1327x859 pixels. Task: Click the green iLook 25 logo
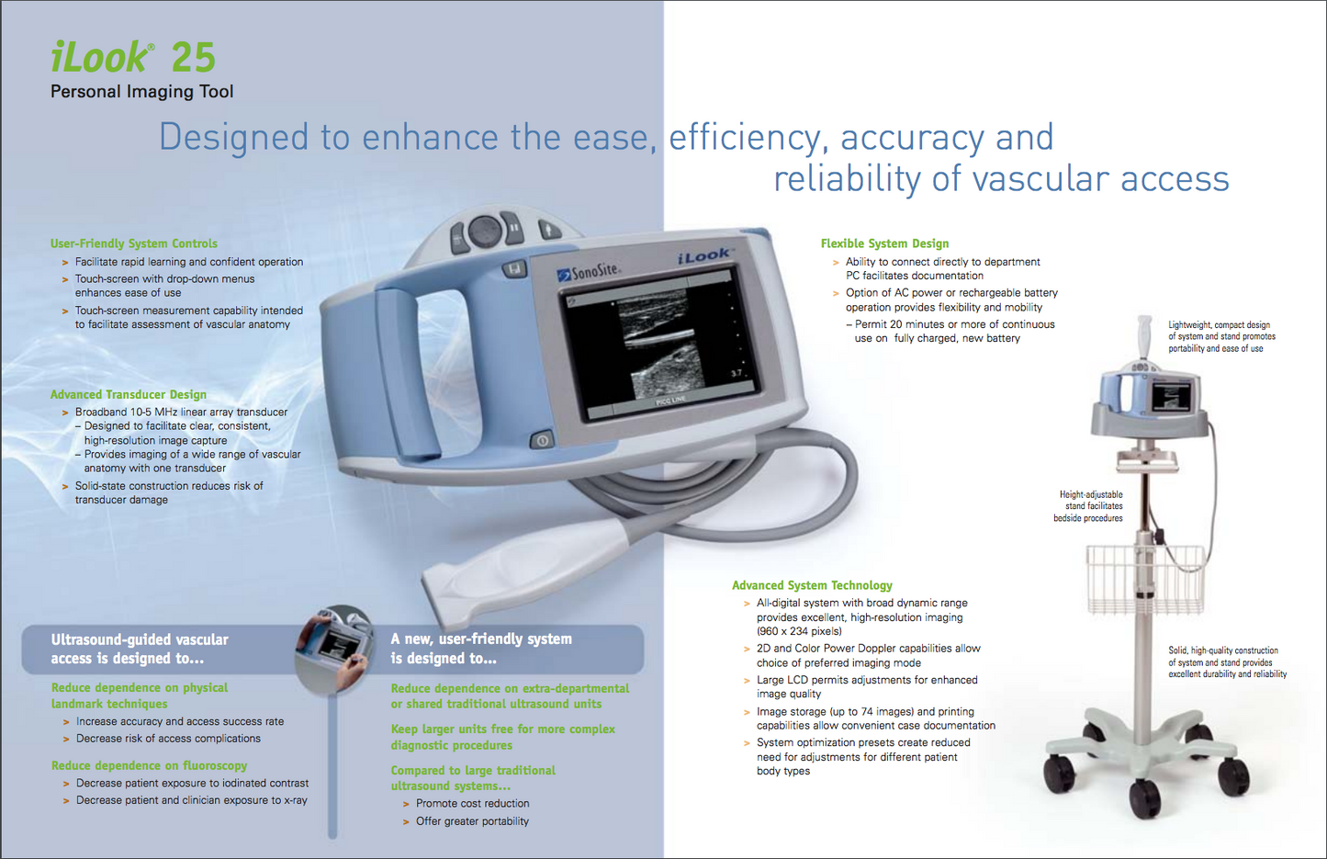point(132,58)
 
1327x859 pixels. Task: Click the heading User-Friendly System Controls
point(134,243)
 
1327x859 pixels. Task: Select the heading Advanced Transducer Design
point(129,395)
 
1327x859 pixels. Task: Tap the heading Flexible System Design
point(884,243)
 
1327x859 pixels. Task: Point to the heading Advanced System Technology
point(812,585)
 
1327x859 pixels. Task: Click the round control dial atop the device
point(485,231)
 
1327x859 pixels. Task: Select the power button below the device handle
point(542,441)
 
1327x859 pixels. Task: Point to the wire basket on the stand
point(1144,578)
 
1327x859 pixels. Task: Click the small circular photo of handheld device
point(335,649)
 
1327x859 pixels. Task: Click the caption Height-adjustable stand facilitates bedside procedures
point(1088,506)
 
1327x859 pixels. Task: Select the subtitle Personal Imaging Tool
point(142,92)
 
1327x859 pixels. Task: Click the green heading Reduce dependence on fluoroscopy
point(149,765)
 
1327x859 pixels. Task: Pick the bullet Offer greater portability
point(472,821)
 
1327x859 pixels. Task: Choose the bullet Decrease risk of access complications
point(168,739)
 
